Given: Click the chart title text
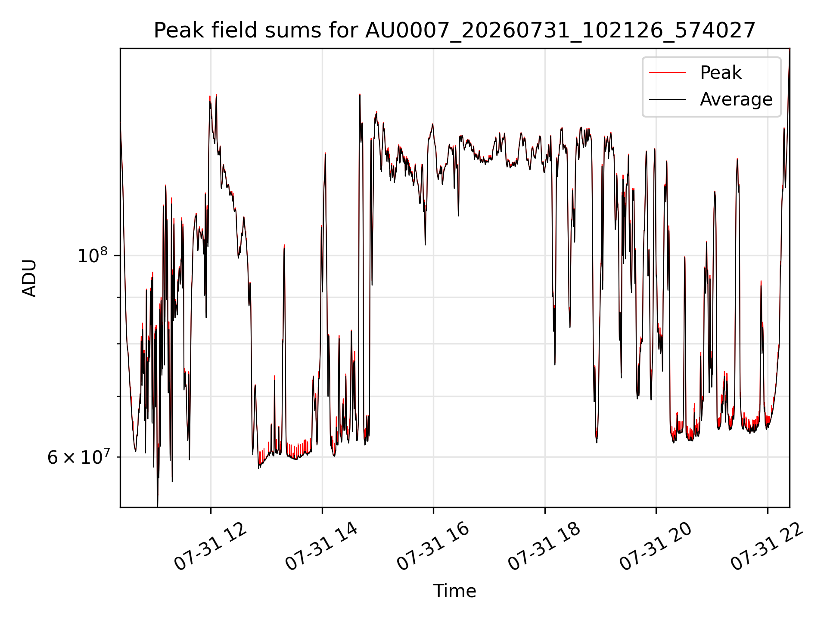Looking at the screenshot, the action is [x=454, y=31].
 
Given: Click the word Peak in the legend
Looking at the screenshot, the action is [x=721, y=73].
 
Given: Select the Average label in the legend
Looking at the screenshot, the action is [x=736, y=99].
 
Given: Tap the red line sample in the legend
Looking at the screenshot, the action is [x=668, y=73].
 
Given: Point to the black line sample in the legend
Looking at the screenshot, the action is [x=668, y=99].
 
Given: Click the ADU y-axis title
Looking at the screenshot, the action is [x=29, y=278].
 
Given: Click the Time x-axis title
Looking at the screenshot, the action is [x=454, y=591].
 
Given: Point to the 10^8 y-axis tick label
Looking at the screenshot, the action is [x=92, y=255].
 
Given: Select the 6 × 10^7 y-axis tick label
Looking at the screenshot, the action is [x=78, y=457].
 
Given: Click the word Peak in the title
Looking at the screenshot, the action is [x=179, y=31].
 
